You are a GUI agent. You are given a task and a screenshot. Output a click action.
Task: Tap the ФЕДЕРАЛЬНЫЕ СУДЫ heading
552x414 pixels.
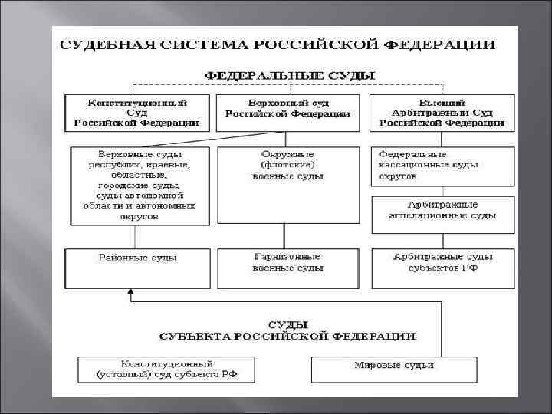coord(287,76)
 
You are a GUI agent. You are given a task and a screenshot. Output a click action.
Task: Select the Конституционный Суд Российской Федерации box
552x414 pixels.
coord(136,112)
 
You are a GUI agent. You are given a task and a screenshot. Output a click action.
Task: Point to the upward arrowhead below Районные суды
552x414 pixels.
coord(132,292)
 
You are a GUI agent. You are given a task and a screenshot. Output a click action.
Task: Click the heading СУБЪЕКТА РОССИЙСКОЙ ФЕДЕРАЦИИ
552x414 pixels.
coord(287,336)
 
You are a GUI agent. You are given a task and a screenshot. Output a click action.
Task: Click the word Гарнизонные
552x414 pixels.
coord(287,258)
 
